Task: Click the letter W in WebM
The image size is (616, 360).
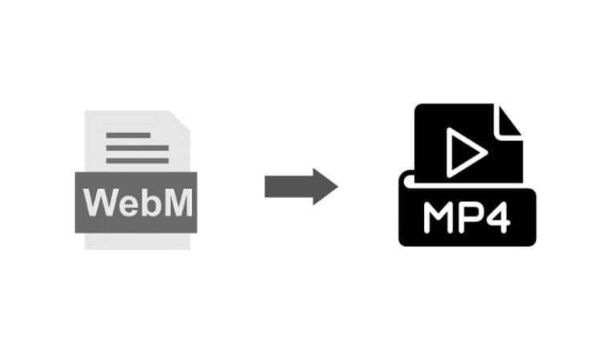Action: click(x=100, y=203)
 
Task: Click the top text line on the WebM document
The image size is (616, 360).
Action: click(x=128, y=136)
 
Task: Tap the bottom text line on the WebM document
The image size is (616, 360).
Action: click(x=137, y=160)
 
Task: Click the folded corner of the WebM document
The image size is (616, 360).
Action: click(x=182, y=119)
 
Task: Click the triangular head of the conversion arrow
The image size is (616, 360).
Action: click(x=326, y=187)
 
